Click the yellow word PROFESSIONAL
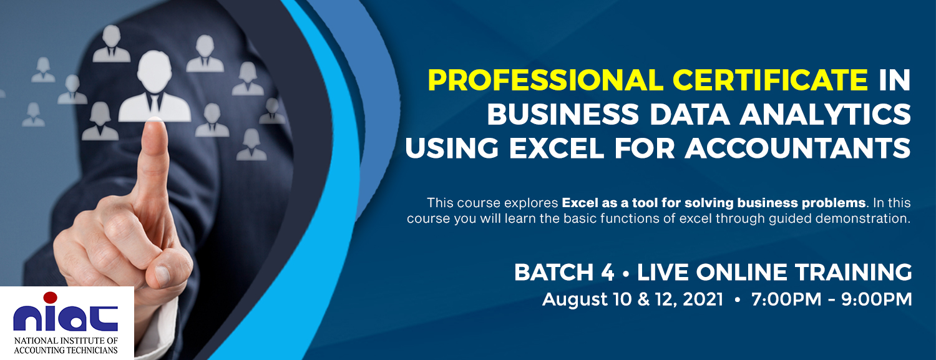tap(545, 80)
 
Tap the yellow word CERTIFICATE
tap(771, 80)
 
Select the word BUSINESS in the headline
tap(563, 114)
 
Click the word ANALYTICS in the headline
tap(826, 114)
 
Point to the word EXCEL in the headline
tap(557, 148)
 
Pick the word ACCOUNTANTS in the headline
tap(797, 148)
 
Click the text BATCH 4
tap(564, 272)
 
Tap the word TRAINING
tap(854, 272)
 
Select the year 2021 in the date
tap(703, 299)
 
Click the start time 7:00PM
tap(786, 299)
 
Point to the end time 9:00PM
tap(876, 299)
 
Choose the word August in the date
tap(575, 300)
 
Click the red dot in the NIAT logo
tap(50, 297)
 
